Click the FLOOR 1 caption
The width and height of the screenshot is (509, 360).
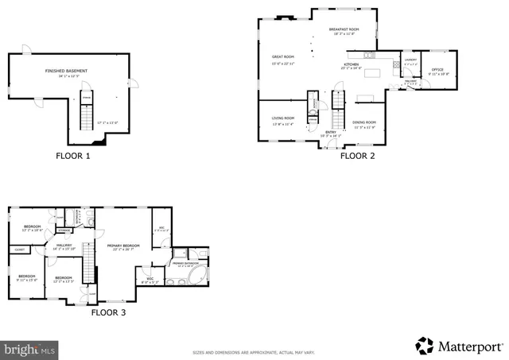pos(73,156)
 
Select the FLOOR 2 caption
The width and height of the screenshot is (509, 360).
pos(357,156)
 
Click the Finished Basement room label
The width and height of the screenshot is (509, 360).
pos(66,71)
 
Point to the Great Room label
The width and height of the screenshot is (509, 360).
pos(284,57)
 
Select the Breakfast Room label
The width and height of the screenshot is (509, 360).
pos(344,29)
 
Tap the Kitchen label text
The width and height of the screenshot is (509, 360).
pos(352,64)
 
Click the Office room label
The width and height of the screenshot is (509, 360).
pos(437,70)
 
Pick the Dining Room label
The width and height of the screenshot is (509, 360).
pos(364,122)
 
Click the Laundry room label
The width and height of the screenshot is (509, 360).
pos(410,60)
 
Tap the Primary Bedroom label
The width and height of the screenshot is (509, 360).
pos(124,246)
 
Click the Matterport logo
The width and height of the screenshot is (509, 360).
pos(460,346)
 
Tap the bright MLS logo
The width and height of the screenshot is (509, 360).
pos(30,348)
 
